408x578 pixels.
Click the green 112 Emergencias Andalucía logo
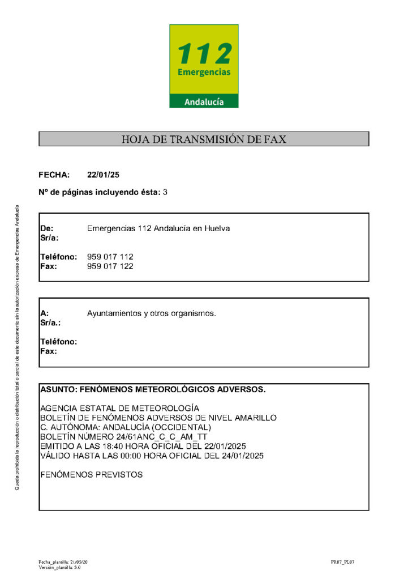[204, 66]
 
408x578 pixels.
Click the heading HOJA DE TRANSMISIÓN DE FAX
[204, 139]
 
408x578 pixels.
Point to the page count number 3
[165, 192]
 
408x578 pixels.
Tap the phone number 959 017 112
[110, 257]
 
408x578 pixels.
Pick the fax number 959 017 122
[110, 266]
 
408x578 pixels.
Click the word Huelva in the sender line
[217, 228]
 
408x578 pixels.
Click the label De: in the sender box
[46, 228]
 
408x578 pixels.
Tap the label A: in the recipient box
[45, 313]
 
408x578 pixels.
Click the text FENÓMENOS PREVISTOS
[92, 474]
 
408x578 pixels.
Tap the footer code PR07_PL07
[343, 562]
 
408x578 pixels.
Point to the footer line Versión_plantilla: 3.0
[59, 567]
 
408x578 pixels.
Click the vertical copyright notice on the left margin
[16, 346]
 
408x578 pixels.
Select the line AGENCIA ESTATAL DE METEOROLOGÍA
[119, 408]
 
